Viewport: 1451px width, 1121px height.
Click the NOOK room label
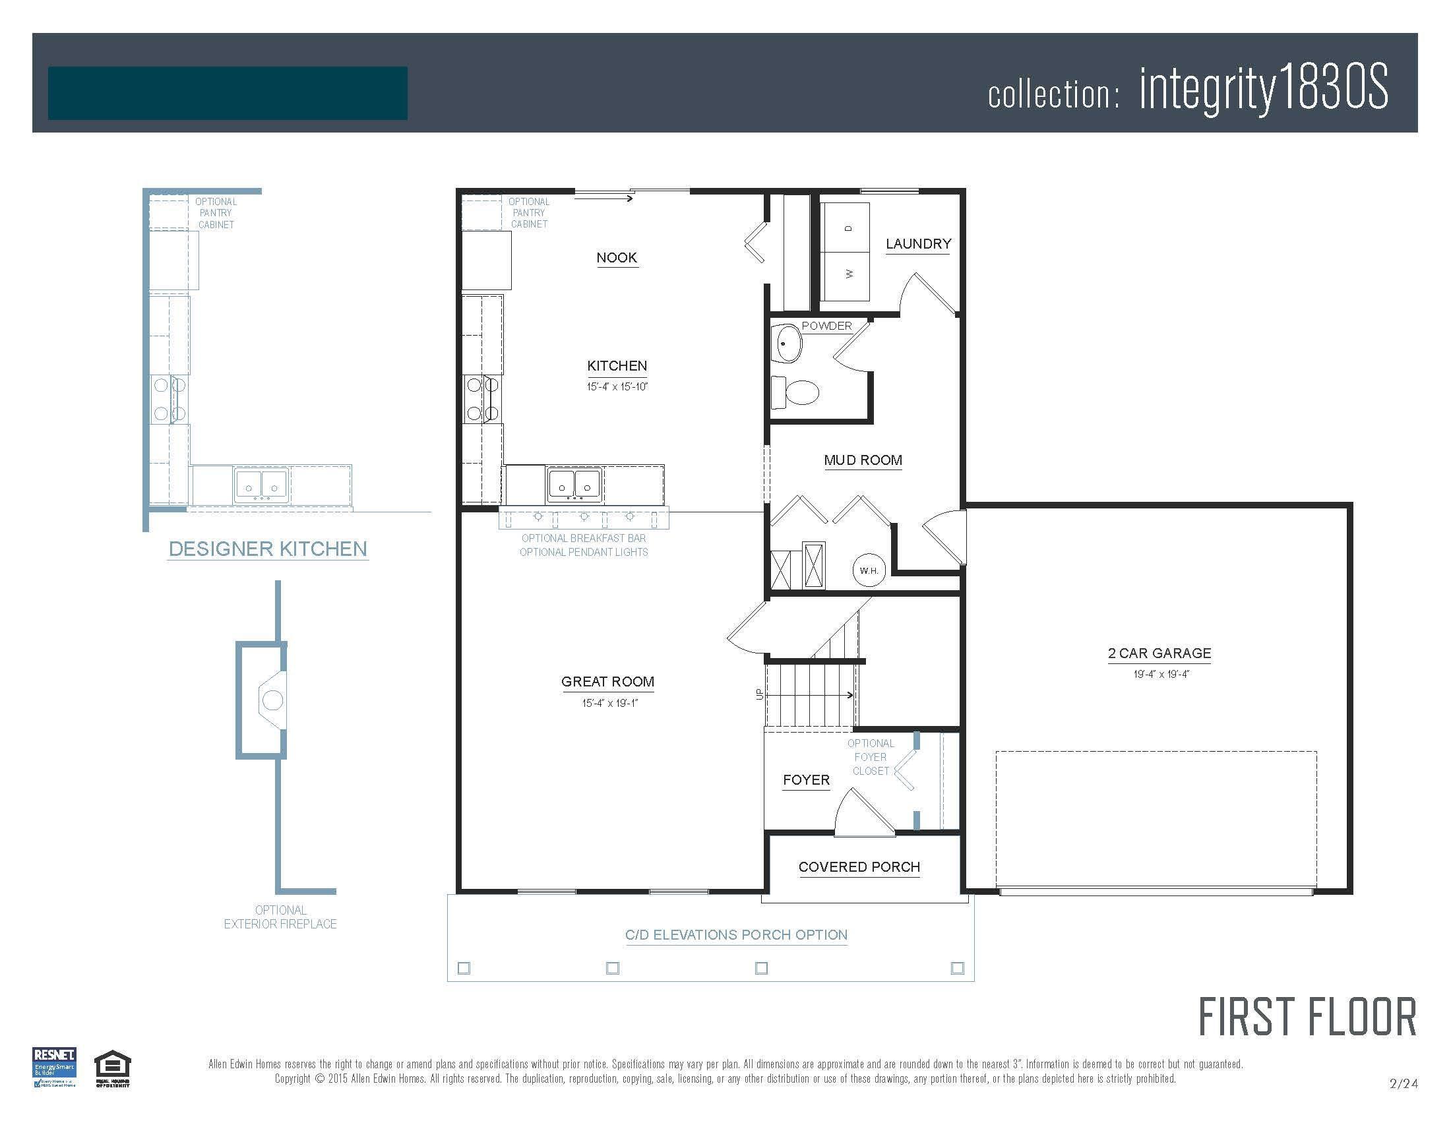pyautogui.click(x=617, y=258)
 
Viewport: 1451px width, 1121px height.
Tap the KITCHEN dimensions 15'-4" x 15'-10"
pyautogui.click(x=617, y=386)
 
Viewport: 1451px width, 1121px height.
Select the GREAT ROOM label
pyautogui.click(x=607, y=682)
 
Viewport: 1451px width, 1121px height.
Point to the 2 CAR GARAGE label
pyautogui.click(x=1159, y=653)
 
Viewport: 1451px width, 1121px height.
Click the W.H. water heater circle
pyautogui.click(x=869, y=570)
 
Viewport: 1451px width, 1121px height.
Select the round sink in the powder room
pyautogui.click(x=788, y=344)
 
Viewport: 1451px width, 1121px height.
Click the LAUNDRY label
pyautogui.click(x=918, y=244)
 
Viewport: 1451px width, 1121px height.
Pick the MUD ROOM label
pyautogui.click(x=863, y=460)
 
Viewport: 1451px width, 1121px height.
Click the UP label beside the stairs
pyautogui.click(x=759, y=694)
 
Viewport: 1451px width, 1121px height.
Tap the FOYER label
pyautogui.click(x=806, y=780)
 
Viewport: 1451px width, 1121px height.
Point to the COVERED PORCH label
pyautogui.click(x=859, y=867)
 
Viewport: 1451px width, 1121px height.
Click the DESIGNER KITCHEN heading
pyautogui.click(x=268, y=549)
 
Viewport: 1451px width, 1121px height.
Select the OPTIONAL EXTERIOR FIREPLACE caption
pyautogui.click(x=280, y=917)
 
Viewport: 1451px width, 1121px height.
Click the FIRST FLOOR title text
pyautogui.click(x=1307, y=1018)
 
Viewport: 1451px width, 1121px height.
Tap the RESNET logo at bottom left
pyautogui.click(x=55, y=1066)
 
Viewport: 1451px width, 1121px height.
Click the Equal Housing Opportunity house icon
pyautogui.click(x=112, y=1066)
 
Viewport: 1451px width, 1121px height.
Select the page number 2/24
pyautogui.click(x=1403, y=1084)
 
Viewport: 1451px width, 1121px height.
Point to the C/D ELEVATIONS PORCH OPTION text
pyautogui.click(x=736, y=935)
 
